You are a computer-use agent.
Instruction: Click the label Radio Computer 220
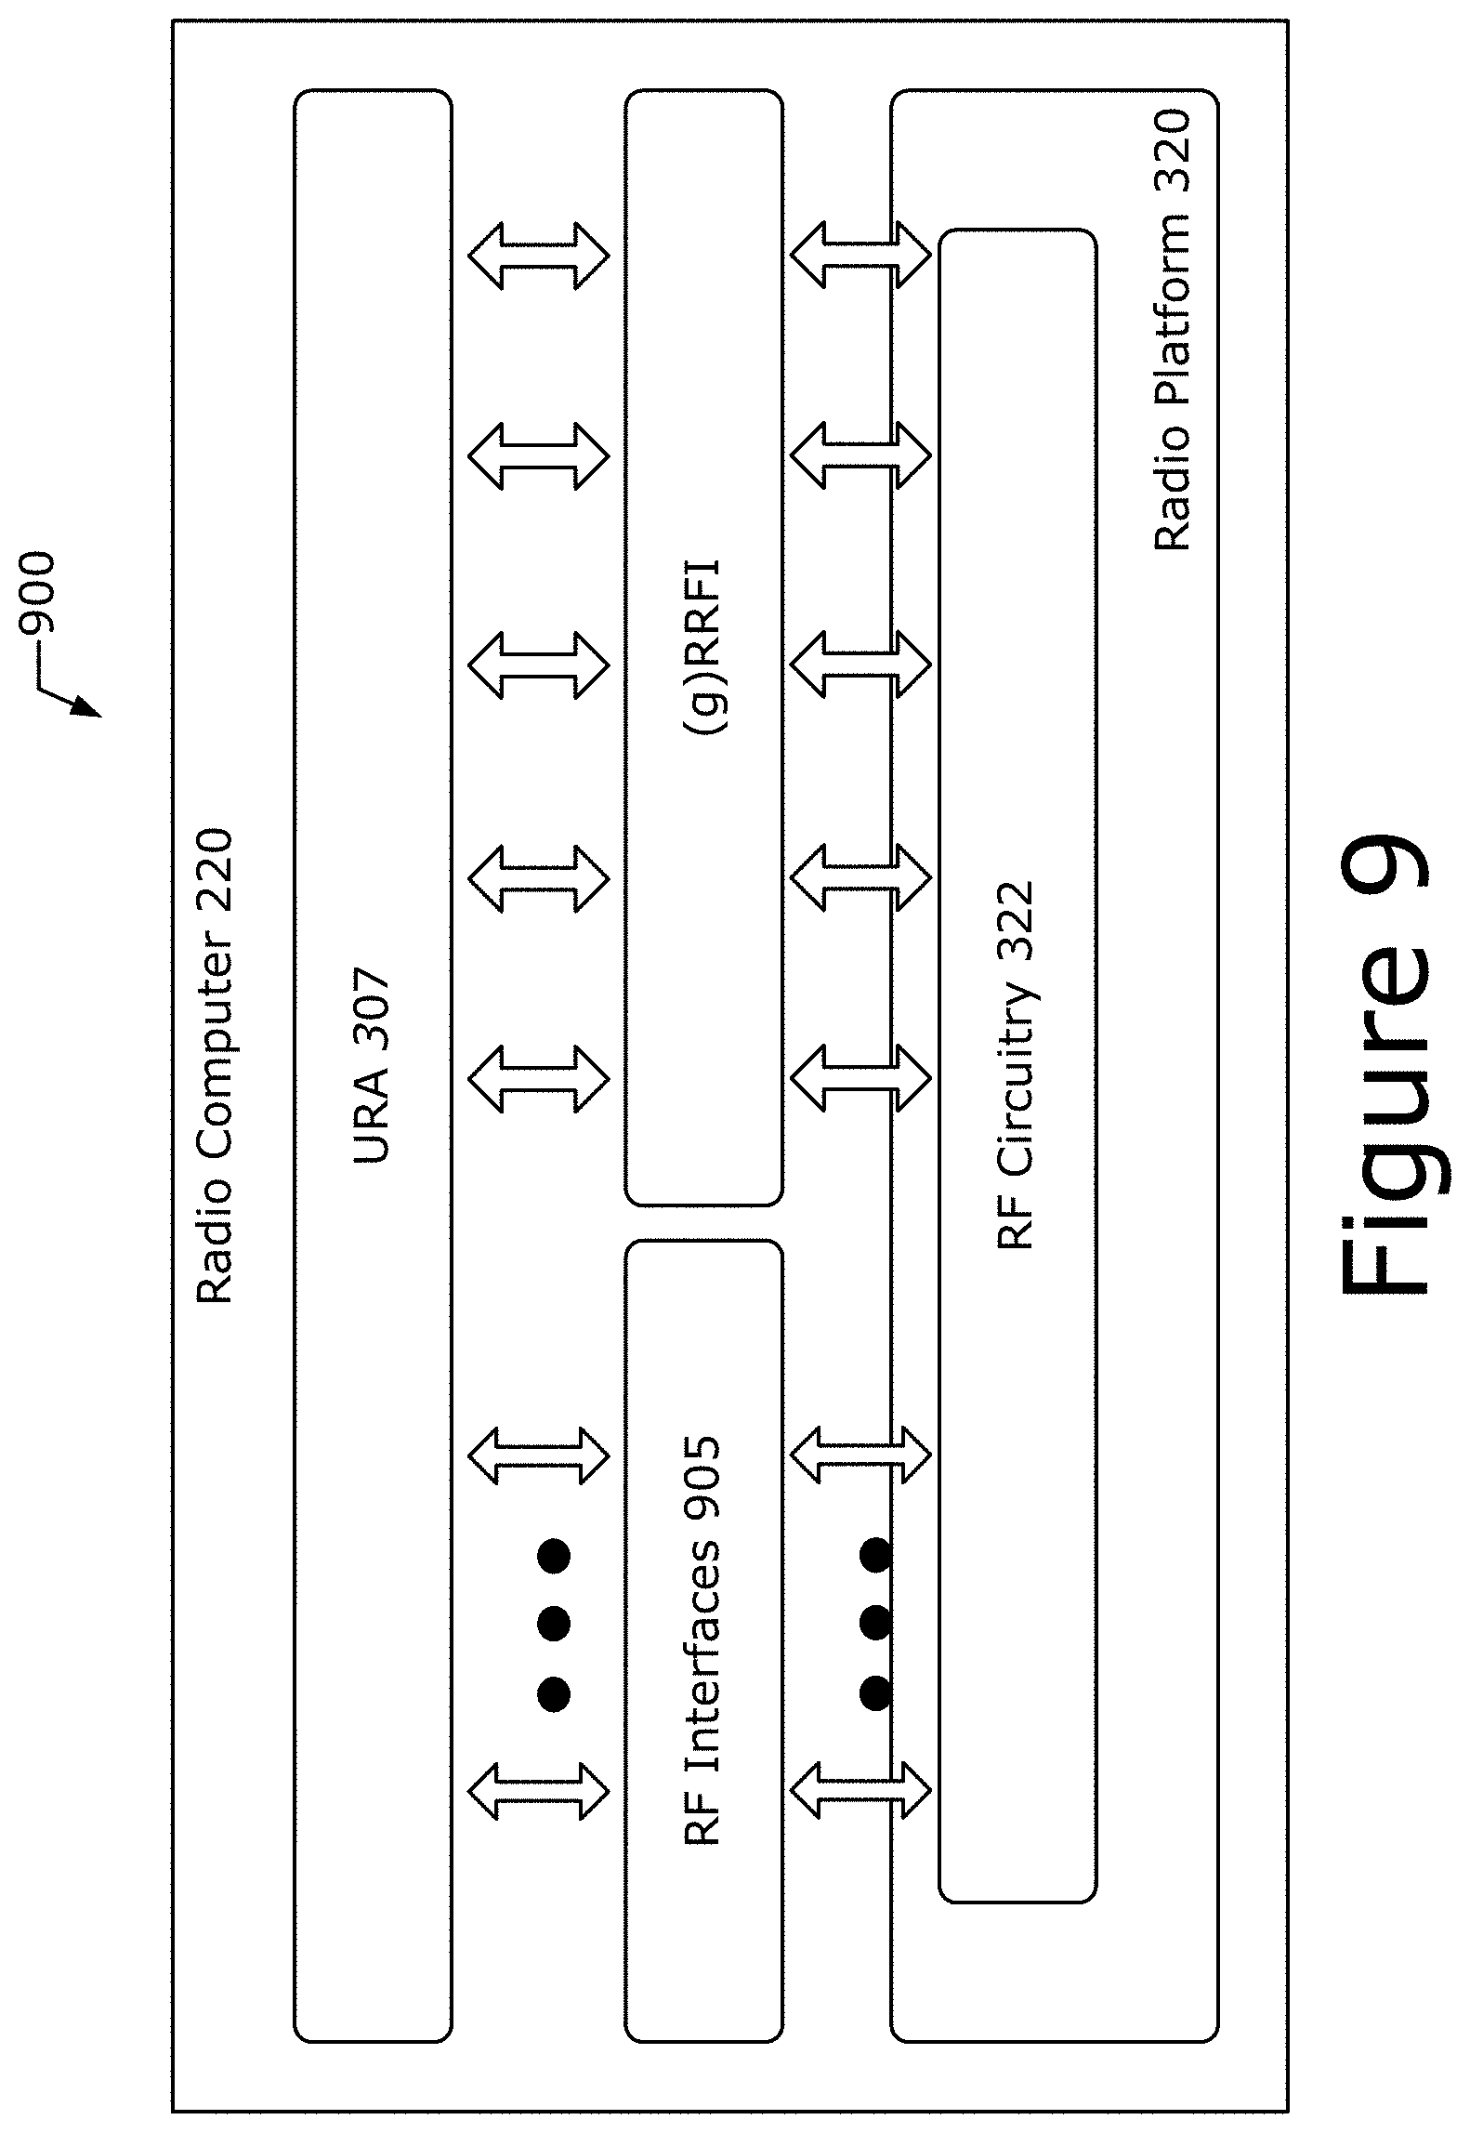point(214,1066)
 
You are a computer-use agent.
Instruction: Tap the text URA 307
point(372,1067)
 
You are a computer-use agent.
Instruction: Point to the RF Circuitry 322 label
point(1015,1066)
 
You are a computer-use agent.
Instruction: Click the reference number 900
point(38,593)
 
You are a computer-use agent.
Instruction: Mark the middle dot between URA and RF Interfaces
point(554,1624)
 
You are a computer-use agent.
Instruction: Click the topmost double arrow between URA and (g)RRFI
point(539,255)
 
